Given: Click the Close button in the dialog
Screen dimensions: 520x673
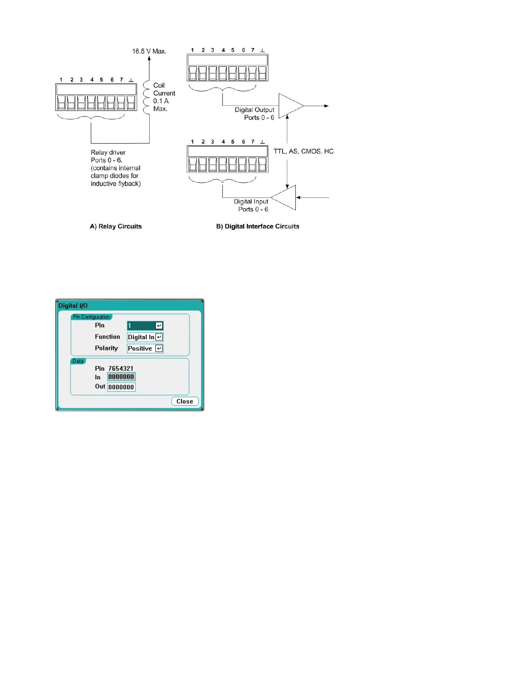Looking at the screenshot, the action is (x=185, y=402).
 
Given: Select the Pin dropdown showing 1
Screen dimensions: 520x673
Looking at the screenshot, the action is (x=145, y=325).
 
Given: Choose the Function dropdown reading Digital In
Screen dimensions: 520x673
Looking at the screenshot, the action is (x=145, y=337).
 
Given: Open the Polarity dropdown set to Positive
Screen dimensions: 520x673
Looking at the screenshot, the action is (x=145, y=348).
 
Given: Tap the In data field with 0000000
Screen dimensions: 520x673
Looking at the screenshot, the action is (x=121, y=377).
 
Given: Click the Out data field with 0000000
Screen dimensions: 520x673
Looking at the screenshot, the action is (x=121, y=387).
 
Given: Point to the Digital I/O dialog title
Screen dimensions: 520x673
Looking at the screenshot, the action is (x=73, y=305).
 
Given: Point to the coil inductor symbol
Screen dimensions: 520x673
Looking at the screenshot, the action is (x=147, y=97).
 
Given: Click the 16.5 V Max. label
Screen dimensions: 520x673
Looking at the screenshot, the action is (x=149, y=51).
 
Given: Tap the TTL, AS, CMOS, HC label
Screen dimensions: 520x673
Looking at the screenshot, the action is (x=303, y=151).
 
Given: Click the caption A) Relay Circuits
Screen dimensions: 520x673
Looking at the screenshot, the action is (x=116, y=226).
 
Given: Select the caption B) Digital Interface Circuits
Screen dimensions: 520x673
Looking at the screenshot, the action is (x=257, y=226).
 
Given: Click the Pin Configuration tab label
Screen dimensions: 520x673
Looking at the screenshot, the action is (x=91, y=317).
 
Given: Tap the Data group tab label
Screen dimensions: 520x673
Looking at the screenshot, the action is (x=78, y=361).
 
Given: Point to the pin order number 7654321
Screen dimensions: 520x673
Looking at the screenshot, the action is (x=121, y=368).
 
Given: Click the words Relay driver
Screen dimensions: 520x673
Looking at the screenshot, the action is (x=108, y=153).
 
